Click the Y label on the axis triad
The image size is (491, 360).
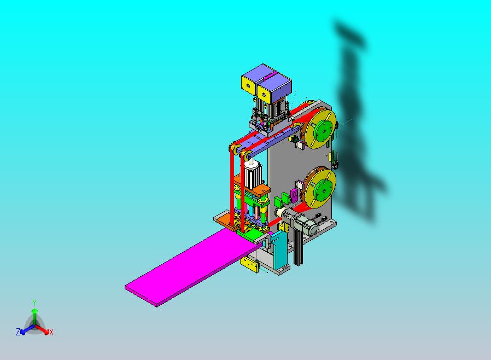(x=34, y=303)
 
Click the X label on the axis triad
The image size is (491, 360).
(x=51, y=332)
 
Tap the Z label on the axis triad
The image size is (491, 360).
(x=18, y=332)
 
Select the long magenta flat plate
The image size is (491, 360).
(x=192, y=266)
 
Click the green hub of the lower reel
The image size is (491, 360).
(x=323, y=188)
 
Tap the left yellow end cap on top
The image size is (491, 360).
(x=248, y=85)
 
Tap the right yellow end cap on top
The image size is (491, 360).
(x=264, y=92)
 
